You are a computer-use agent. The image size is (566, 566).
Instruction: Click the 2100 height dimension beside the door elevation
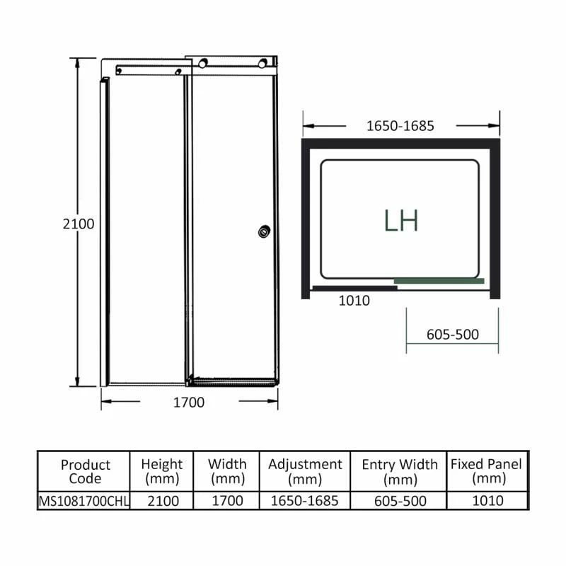pyautogui.click(x=78, y=224)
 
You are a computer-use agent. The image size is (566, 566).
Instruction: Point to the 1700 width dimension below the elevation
pyautogui.click(x=189, y=403)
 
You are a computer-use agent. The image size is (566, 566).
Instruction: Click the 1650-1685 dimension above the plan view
pyautogui.click(x=400, y=126)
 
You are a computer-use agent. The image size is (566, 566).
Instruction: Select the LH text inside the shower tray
pyautogui.click(x=401, y=221)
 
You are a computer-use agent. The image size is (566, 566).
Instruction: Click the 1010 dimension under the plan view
pyautogui.click(x=354, y=301)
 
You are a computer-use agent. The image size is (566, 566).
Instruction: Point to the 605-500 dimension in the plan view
pyautogui.click(x=453, y=335)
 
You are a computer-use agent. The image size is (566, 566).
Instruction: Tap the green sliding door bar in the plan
pyautogui.click(x=439, y=281)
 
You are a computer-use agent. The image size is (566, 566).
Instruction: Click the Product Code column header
pyautogui.click(x=85, y=472)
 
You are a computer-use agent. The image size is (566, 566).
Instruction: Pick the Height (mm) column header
pyautogui.click(x=161, y=472)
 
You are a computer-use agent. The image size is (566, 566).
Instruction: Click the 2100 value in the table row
pyautogui.click(x=161, y=501)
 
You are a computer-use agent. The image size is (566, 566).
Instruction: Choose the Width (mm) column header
pyautogui.click(x=227, y=472)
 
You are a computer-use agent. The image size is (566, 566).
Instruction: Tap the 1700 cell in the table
pyautogui.click(x=227, y=501)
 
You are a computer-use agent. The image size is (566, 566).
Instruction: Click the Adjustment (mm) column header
pyautogui.click(x=305, y=472)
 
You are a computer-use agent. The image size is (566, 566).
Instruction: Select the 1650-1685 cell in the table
pyautogui.click(x=305, y=501)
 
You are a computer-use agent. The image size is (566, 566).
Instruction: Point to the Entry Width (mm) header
pyautogui.click(x=400, y=472)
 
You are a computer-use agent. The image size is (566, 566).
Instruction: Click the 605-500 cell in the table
pyautogui.click(x=400, y=501)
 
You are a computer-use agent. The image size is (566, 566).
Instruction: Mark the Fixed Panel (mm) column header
pyautogui.click(x=487, y=472)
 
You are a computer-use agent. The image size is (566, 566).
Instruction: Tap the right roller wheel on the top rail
pyautogui.click(x=265, y=64)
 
